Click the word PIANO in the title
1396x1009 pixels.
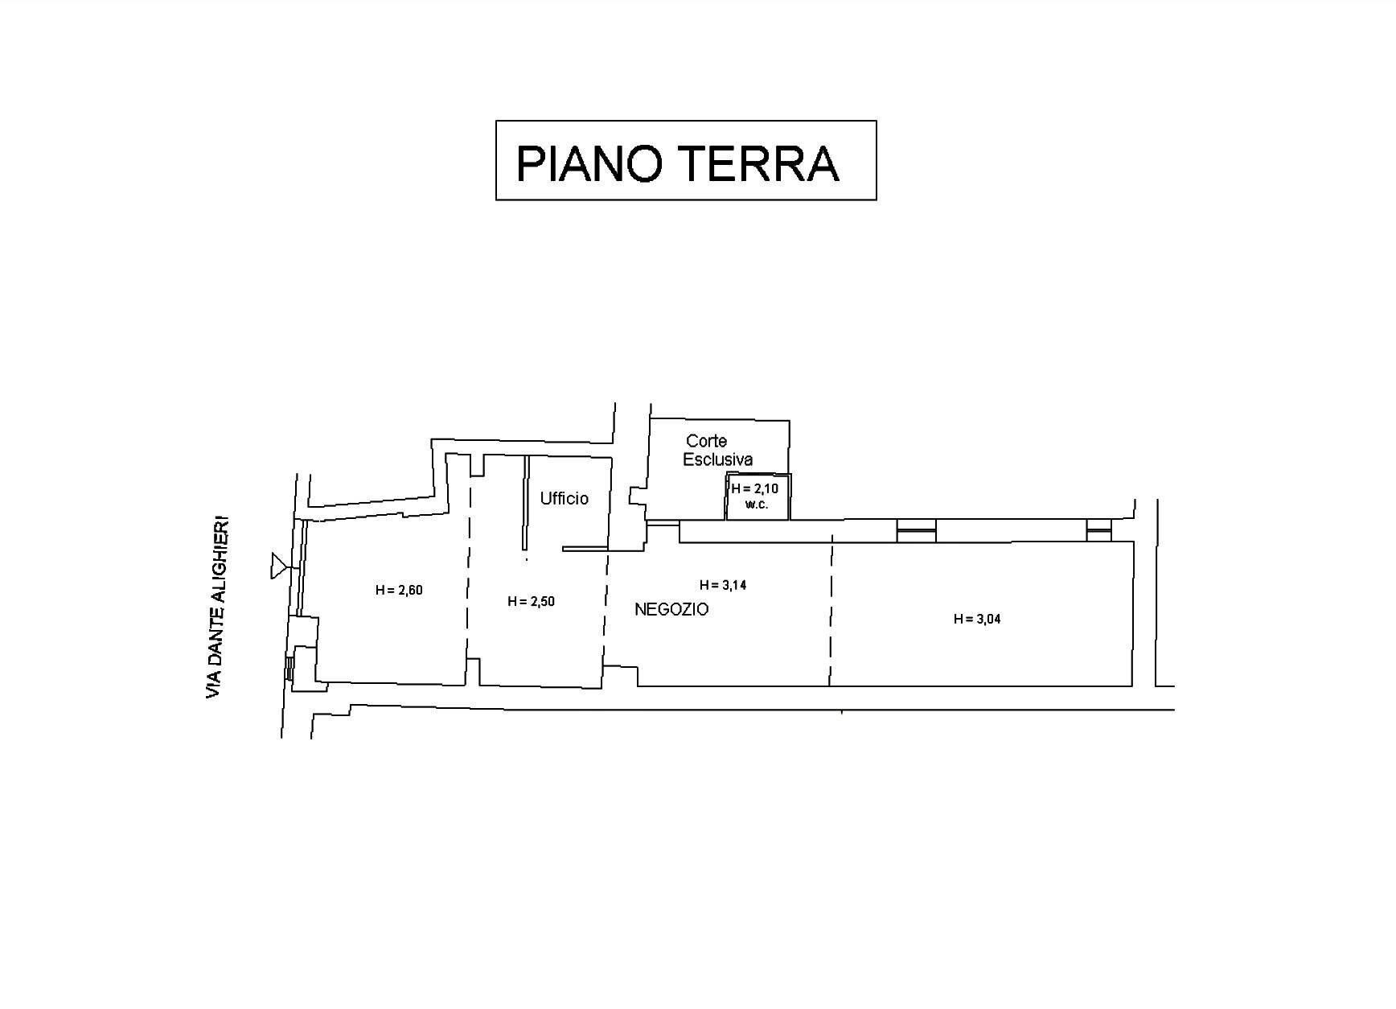589,163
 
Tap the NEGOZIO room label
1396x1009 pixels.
671,610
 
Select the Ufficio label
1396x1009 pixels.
564,499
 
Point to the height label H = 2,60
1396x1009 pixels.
399,591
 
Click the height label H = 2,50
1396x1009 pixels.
531,602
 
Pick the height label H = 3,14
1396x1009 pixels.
723,586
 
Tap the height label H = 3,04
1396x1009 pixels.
977,620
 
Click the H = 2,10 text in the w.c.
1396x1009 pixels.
754,489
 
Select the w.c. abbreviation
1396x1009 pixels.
757,504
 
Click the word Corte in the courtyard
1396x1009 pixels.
706,441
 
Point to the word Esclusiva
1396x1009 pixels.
717,460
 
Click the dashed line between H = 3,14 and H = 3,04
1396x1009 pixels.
831,616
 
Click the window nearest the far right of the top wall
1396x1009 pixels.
1098,531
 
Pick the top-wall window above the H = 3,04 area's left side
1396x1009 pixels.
917,531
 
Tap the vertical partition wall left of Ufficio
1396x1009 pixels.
526,503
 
